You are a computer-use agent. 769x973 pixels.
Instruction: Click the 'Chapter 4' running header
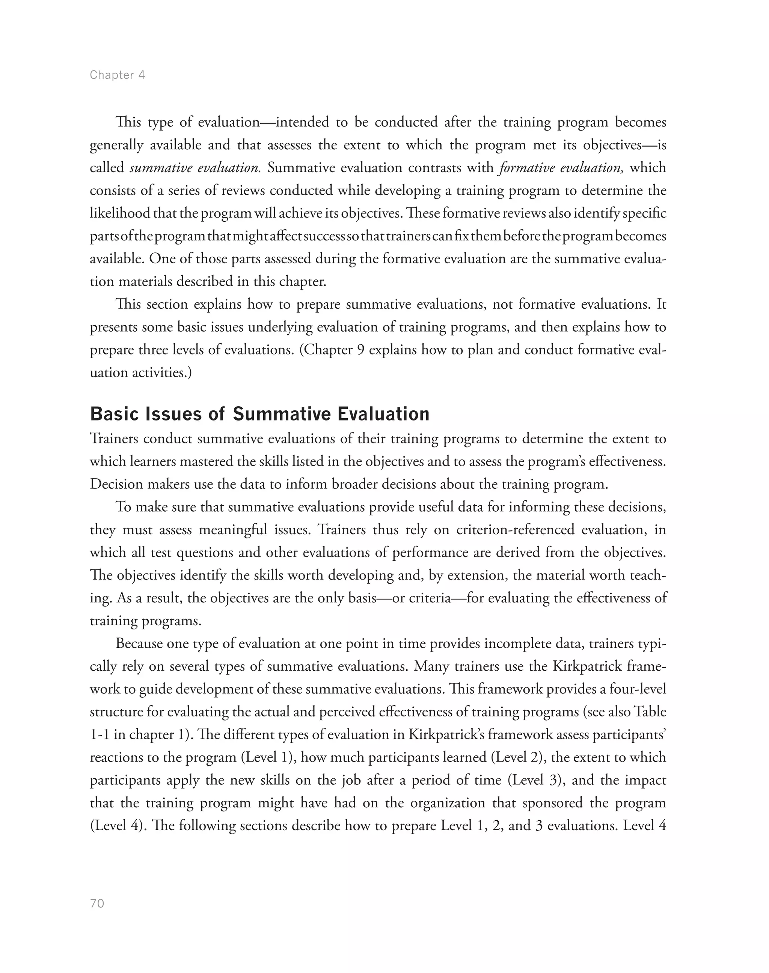point(118,75)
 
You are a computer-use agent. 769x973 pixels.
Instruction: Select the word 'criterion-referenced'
point(516,530)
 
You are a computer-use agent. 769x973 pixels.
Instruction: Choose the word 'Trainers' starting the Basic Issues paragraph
point(116,438)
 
